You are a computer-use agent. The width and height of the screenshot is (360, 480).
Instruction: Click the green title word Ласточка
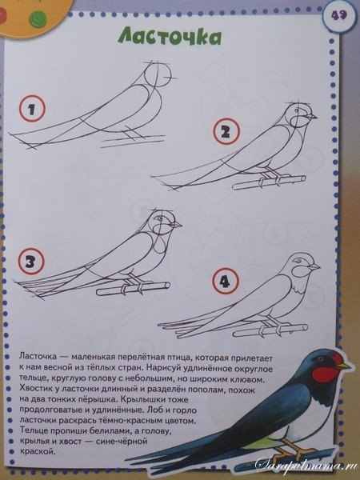click(x=170, y=37)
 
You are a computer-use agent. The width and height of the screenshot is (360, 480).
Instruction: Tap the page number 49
click(x=338, y=15)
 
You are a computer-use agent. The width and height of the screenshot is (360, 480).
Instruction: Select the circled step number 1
click(x=32, y=109)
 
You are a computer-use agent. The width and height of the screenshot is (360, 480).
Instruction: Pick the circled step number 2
click(x=226, y=132)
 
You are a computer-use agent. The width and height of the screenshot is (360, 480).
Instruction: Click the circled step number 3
click(x=31, y=261)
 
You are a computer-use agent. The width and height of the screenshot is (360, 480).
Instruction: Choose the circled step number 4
click(x=225, y=281)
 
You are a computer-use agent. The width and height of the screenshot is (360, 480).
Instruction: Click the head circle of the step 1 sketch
click(x=158, y=76)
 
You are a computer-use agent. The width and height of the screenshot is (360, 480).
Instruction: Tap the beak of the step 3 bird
click(x=178, y=225)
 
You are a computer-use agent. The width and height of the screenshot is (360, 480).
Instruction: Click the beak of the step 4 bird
click(x=315, y=266)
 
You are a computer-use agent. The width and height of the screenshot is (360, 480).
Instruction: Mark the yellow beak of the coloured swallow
click(x=343, y=366)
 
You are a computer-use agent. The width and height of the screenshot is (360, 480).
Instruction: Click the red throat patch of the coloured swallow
click(x=326, y=374)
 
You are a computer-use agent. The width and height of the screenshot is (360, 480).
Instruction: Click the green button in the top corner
click(x=38, y=18)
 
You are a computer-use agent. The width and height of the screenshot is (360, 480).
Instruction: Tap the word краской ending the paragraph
click(x=38, y=452)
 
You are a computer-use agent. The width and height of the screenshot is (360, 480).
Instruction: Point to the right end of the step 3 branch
click(x=167, y=286)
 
